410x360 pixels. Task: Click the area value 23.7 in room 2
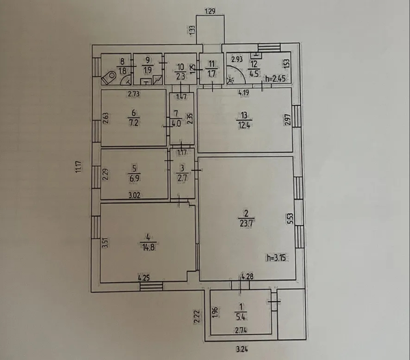coord(246,223)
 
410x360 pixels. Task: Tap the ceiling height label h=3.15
coord(276,258)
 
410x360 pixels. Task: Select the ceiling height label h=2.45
coord(275,78)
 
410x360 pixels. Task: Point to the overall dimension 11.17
coord(79,167)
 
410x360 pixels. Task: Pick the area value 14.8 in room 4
coord(148,247)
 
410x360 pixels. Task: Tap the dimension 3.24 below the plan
coord(242,349)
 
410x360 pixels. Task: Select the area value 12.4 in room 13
coord(244,125)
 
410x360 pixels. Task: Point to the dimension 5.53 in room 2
coord(290,219)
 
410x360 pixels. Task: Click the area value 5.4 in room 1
coord(241,317)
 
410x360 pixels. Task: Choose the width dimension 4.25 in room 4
coord(144,277)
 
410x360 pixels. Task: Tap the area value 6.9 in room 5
coord(134,178)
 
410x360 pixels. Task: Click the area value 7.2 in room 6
coord(134,123)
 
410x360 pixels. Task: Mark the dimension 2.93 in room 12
coord(237,59)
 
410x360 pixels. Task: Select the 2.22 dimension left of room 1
coord(198,317)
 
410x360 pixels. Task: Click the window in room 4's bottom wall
coord(151,286)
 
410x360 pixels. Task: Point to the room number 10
coord(180,67)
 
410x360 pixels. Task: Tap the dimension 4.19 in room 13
coord(243,92)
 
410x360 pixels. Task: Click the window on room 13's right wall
coord(296,116)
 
